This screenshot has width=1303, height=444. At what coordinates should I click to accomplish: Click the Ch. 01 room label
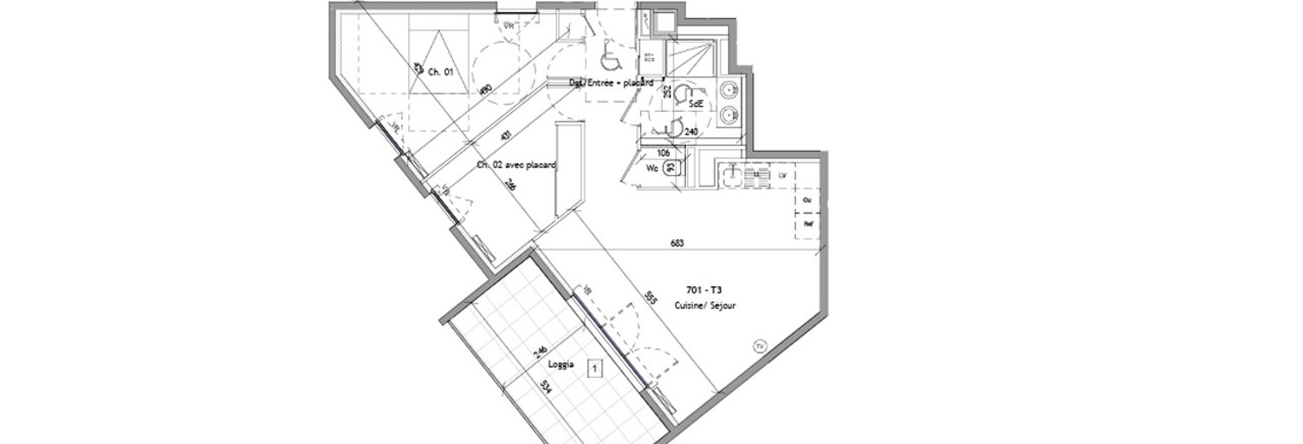point(441,72)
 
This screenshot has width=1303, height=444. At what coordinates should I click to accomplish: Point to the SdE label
point(695,103)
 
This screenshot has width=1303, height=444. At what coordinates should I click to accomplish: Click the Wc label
point(652,168)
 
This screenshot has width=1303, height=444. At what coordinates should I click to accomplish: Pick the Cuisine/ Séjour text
point(705,305)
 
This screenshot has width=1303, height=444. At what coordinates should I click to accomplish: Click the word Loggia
point(560,364)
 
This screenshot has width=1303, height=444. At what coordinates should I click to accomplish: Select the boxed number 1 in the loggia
point(594,369)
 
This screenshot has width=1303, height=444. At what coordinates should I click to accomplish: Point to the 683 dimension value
point(677,244)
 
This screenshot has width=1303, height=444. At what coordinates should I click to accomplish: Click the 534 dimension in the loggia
point(546,386)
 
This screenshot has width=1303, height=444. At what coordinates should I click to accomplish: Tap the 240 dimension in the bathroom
point(691,132)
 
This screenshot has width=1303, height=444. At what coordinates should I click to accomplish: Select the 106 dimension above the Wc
point(664,153)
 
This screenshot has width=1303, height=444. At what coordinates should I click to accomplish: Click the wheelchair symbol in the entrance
point(611,60)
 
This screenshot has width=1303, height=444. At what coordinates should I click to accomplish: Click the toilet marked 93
point(671,168)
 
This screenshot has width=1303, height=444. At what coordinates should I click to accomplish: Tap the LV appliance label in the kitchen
point(782,175)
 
